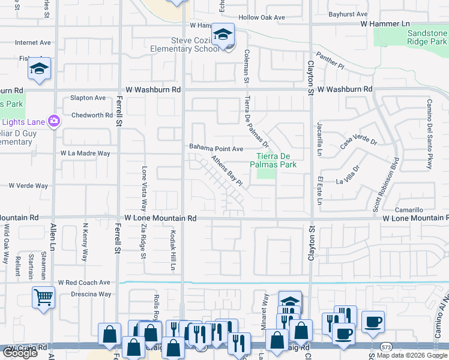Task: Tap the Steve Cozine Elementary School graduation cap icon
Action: click(x=223, y=35)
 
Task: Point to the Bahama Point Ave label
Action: click(x=216, y=148)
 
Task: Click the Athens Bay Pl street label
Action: click(x=226, y=170)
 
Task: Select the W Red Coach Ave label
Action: click(x=84, y=282)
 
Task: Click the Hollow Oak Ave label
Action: click(x=262, y=17)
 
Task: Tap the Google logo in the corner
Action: click(x=20, y=352)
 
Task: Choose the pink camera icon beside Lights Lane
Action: click(x=54, y=121)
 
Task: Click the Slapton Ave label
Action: click(x=88, y=98)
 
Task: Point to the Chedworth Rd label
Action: click(x=92, y=115)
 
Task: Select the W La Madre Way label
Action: click(x=85, y=154)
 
